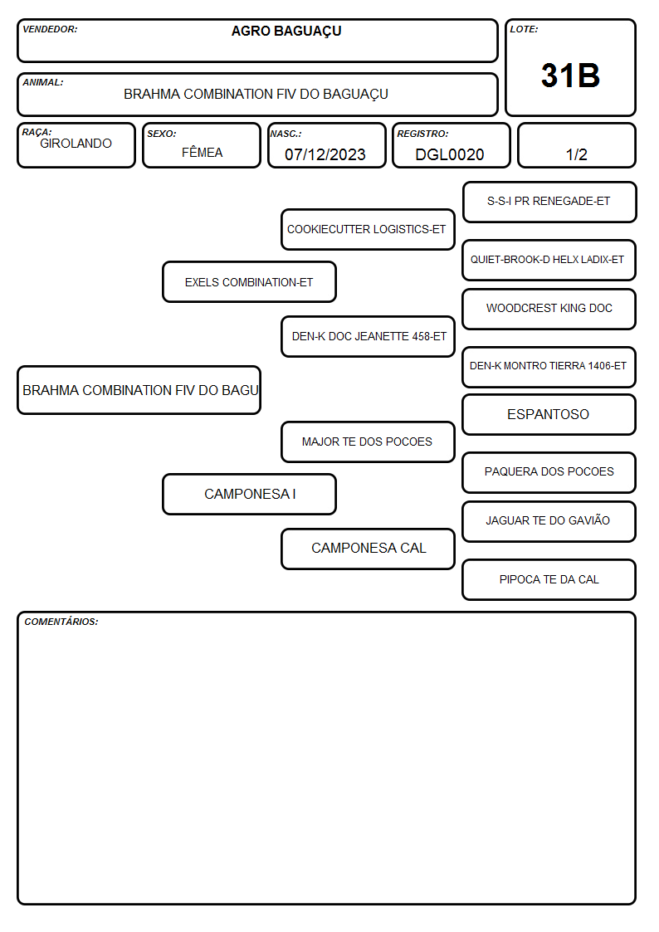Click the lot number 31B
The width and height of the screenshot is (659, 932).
click(570, 76)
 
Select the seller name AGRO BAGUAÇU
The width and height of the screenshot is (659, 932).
click(286, 32)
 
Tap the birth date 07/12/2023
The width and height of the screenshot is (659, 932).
click(325, 154)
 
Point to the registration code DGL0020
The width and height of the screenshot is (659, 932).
click(449, 154)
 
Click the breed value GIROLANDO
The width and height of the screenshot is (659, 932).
click(76, 144)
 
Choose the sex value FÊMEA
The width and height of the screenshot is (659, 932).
click(202, 152)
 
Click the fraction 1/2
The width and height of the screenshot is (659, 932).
click(576, 154)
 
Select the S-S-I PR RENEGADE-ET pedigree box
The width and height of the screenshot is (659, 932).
click(549, 203)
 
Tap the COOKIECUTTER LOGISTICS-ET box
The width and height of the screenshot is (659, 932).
click(368, 229)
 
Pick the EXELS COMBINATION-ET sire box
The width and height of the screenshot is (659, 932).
click(249, 281)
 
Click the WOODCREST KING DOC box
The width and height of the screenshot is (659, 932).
click(549, 309)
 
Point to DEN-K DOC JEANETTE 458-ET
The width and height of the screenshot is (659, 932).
click(368, 336)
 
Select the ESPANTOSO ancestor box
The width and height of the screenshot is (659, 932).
click(549, 414)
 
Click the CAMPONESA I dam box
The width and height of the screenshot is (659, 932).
click(249, 494)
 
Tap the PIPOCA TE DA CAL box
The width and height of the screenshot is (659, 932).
click(549, 579)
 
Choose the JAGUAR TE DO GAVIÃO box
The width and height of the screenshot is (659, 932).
click(549, 521)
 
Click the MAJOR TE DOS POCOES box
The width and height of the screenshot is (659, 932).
click(368, 442)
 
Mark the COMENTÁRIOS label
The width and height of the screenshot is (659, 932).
click(61, 622)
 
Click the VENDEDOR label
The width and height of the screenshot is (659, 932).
click(50, 29)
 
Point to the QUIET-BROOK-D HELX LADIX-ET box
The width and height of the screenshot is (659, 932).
click(549, 260)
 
